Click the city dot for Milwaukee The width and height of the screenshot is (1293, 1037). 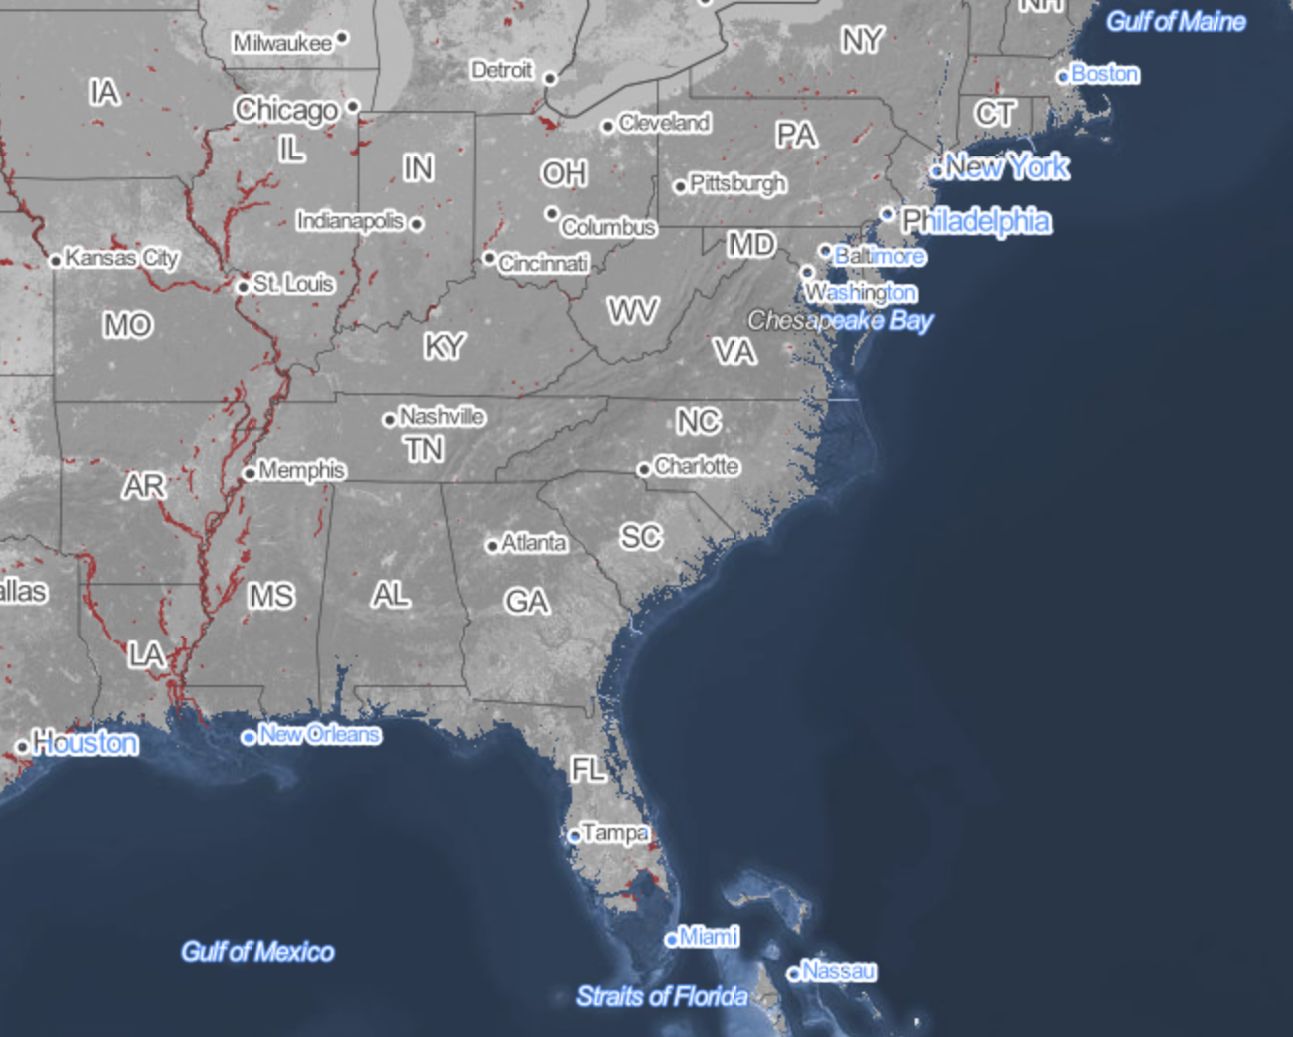pyautogui.click(x=343, y=38)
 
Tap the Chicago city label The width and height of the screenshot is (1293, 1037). pyautogui.click(x=286, y=110)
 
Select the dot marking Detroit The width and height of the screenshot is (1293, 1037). pyautogui.click(x=551, y=79)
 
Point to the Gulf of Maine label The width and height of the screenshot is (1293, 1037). pyautogui.click(x=1175, y=22)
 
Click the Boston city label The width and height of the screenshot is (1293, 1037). pyautogui.click(x=1105, y=73)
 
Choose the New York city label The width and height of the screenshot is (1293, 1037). pyautogui.click(x=1007, y=168)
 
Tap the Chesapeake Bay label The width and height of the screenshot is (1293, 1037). pyautogui.click(x=839, y=321)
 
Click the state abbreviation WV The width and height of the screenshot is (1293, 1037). pyautogui.click(x=632, y=311)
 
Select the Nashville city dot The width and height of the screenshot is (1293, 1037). pyautogui.click(x=390, y=420)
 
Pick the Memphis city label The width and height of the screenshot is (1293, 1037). pyautogui.click(x=302, y=470)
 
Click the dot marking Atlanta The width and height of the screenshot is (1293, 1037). pyautogui.click(x=492, y=546)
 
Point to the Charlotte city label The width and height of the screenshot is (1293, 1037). pyautogui.click(x=696, y=466)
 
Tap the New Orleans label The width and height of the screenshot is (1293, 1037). pyautogui.click(x=319, y=734)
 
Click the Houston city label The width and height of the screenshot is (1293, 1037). pyautogui.click(x=86, y=743)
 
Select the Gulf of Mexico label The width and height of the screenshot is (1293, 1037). pyautogui.click(x=258, y=952)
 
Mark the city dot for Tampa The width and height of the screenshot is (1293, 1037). pyautogui.click(x=575, y=836)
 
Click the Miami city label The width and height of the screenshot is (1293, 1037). pyautogui.click(x=709, y=936)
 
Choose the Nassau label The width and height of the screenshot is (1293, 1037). pyautogui.click(x=839, y=970)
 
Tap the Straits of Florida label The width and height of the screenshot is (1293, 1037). pyautogui.click(x=662, y=997)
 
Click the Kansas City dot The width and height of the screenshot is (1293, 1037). pyautogui.click(x=56, y=261)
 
